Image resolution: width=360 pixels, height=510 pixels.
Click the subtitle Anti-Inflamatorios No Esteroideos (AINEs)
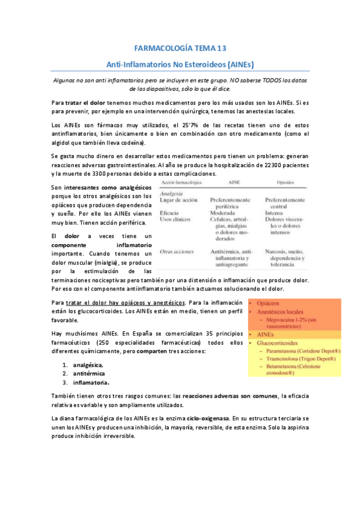(180, 64)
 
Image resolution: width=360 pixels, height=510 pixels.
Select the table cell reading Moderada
(224, 213)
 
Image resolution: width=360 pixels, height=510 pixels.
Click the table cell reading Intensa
(276, 213)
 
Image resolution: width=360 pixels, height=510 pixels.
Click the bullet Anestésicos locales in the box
(281, 313)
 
